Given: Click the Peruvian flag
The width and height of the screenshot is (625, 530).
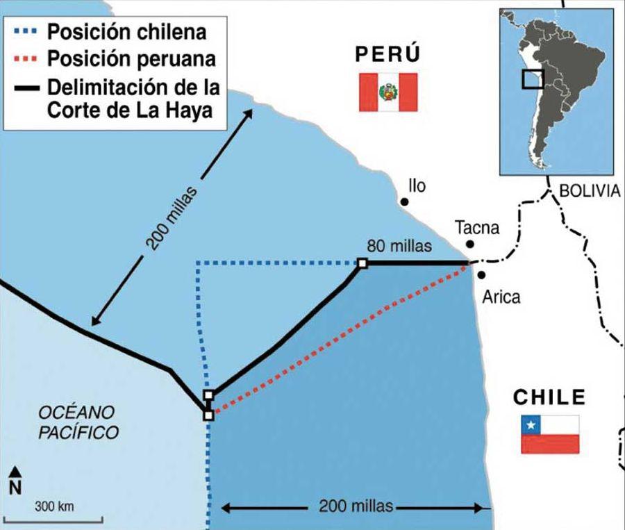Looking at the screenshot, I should pyautogui.click(x=387, y=92).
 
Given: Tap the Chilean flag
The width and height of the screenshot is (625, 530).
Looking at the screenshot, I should pyautogui.click(x=550, y=434).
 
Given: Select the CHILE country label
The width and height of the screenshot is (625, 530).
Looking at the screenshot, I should pyautogui.click(x=549, y=397).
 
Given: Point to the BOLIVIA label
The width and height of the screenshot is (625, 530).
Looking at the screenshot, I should pyautogui.click(x=589, y=191).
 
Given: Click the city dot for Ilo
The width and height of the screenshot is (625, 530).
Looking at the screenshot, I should pyautogui.click(x=403, y=201).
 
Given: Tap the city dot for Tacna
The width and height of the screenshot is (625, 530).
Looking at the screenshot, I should pyautogui.click(x=471, y=244).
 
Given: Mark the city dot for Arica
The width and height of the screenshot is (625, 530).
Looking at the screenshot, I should pyautogui.click(x=481, y=275).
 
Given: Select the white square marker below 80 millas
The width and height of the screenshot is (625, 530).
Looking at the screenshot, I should pyautogui.click(x=362, y=263).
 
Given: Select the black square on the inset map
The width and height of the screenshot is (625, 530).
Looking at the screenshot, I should pyautogui.click(x=533, y=78).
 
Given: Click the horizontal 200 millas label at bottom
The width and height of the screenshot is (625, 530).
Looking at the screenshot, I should pyautogui.click(x=356, y=506).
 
